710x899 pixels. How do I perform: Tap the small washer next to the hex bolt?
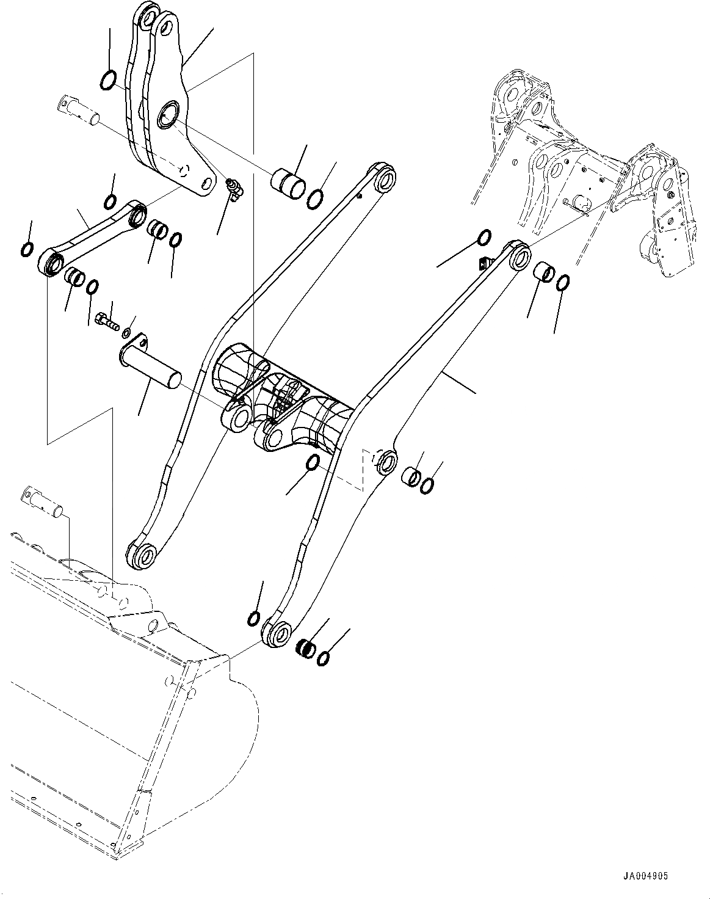pyautogui.click(x=126, y=333)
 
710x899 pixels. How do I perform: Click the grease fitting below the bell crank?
pyautogui.click(x=234, y=188)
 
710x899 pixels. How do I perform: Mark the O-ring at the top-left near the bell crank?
pyautogui.click(x=107, y=79)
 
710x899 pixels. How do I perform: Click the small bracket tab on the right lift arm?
pyautogui.click(x=483, y=263)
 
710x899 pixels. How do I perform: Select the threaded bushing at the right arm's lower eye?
pyautogui.click(x=305, y=647)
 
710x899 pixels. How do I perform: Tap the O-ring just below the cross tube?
pyautogui.click(x=312, y=463)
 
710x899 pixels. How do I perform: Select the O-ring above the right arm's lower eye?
pyautogui.click(x=254, y=618)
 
